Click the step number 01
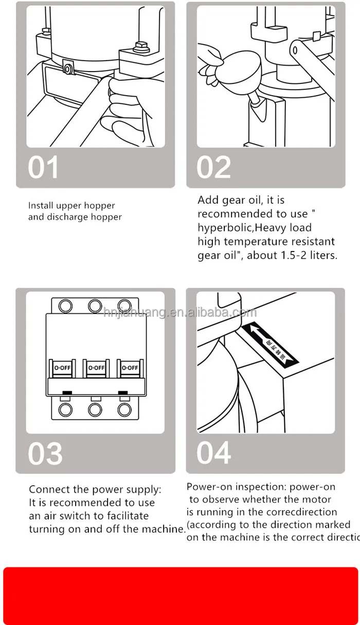[43, 168]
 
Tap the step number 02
[214, 168]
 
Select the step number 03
[45, 453]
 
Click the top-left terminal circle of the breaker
[65, 306]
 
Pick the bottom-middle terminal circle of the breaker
[95, 410]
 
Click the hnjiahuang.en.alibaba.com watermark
[179, 313]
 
